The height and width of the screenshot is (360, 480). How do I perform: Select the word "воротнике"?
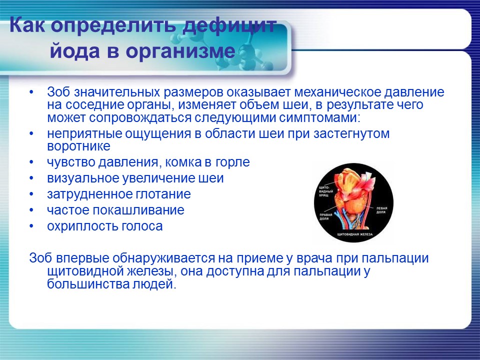(78, 146)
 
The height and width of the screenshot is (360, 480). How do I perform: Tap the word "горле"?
(232, 162)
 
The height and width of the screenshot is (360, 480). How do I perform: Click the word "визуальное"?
(80, 178)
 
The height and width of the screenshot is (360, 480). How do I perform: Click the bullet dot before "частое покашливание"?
(32, 210)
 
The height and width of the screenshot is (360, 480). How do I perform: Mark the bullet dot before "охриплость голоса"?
(32, 226)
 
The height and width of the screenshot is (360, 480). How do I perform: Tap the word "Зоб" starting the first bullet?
(57, 92)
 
